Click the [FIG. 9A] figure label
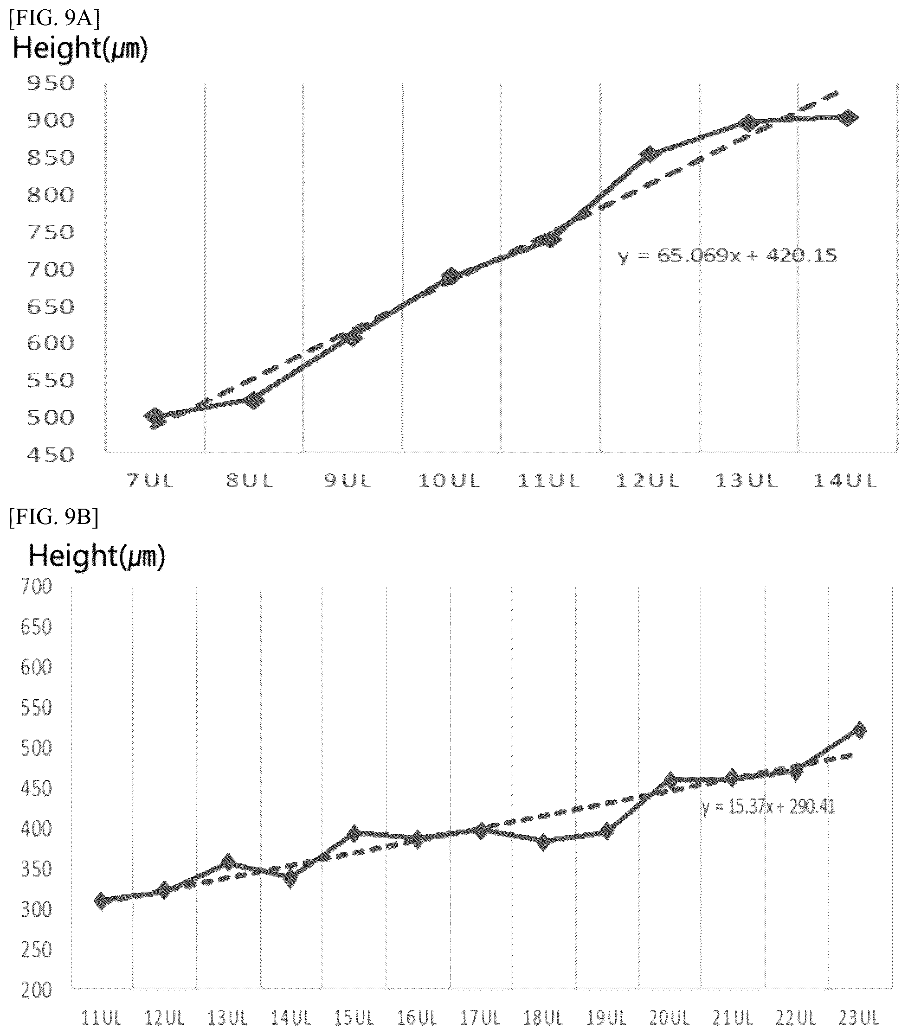[x=54, y=19]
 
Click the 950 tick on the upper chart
[x=50, y=83]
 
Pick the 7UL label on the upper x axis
[x=150, y=480]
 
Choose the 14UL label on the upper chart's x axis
[x=844, y=480]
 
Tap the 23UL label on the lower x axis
[x=859, y=1017]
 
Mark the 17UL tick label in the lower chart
[x=480, y=1017]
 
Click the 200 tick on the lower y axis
[x=36, y=990]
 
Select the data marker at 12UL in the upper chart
[x=649, y=154]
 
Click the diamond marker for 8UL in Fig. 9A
[x=254, y=401]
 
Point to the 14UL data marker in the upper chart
[x=848, y=118]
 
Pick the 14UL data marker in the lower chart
[x=290, y=880]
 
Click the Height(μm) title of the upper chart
[x=80, y=49]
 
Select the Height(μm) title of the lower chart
[x=97, y=556]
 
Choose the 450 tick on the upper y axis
[x=50, y=455]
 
